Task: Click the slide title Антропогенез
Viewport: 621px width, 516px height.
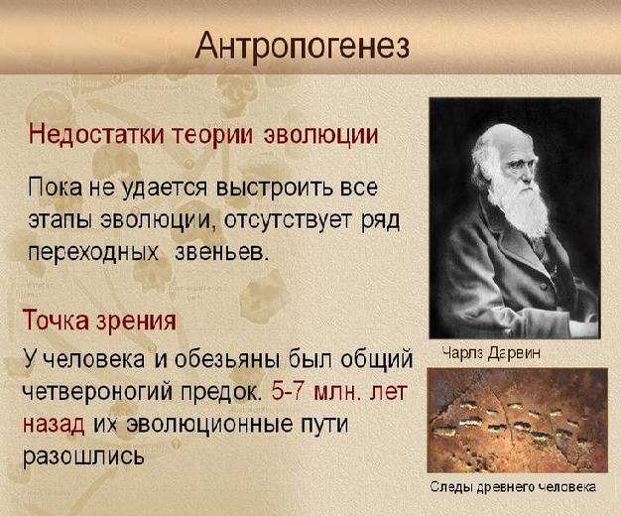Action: point(303,47)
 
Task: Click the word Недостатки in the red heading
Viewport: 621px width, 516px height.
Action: point(96,134)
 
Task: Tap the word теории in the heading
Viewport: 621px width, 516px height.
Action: point(212,135)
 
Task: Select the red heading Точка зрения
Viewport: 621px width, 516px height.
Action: point(99,320)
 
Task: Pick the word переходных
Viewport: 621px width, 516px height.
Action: point(92,252)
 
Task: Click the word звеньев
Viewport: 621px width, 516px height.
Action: point(222,251)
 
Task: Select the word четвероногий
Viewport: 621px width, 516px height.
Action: point(97,392)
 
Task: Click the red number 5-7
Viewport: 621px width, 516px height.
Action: point(288,391)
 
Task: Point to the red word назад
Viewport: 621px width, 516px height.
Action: point(54,424)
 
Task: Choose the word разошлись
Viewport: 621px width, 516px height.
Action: point(83,455)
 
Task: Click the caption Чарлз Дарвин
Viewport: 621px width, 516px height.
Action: point(491,352)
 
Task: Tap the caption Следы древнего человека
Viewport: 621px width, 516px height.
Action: point(513,486)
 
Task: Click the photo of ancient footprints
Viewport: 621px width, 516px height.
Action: point(517,420)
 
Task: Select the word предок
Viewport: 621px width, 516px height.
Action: point(222,392)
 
